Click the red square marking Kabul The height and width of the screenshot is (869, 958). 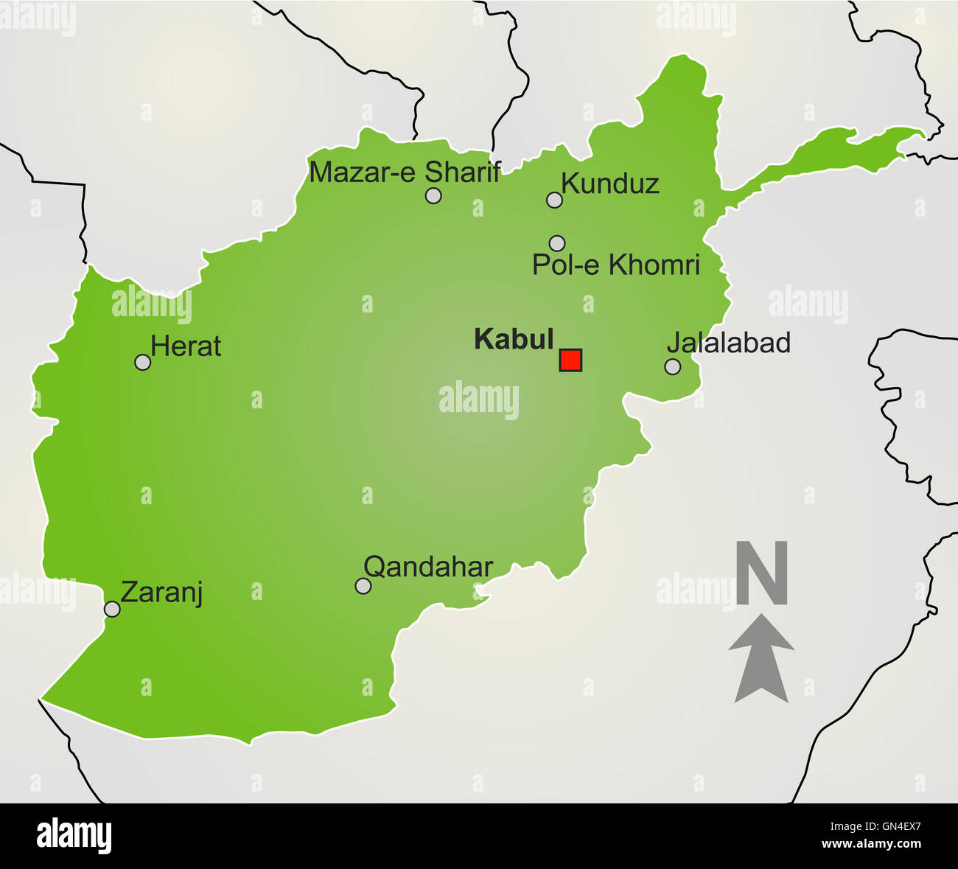tap(570, 360)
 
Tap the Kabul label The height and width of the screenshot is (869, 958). tap(514, 339)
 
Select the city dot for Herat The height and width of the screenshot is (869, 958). tap(143, 362)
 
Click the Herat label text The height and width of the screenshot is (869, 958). tap(186, 346)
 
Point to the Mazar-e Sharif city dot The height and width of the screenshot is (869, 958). tap(433, 195)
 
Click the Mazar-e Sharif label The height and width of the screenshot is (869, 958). tap(405, 172)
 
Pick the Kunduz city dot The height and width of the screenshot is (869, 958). tap(554, 200)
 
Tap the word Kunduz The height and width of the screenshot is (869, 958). tap(610, 184)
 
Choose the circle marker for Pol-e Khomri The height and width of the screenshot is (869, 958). tap(557, 243)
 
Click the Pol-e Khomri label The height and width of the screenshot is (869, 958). tap(615, 265)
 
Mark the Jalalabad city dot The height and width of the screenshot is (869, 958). tap(672, 366)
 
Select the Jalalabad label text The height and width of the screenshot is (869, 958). tap(728, 343)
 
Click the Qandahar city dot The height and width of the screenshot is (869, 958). tap(363, 586)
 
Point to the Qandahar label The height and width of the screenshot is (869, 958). tap(428, 567)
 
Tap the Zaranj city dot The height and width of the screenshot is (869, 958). tap(112, 609)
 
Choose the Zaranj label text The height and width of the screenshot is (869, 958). tap(161, 593)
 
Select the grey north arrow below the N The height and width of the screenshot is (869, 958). tap(761, 657)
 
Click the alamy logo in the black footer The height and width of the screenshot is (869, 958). tap(74, 837)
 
